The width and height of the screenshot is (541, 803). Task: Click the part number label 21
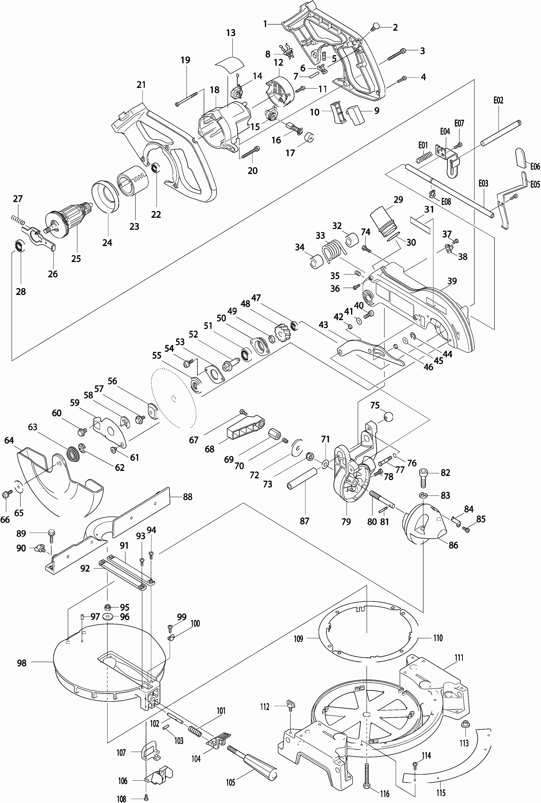(x=141, y=85)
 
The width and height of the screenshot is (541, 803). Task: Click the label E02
(x=498, y=100)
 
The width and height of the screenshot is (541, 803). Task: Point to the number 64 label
(x=9, y=440)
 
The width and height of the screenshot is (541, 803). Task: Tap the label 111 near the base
(x=459, y=657)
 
